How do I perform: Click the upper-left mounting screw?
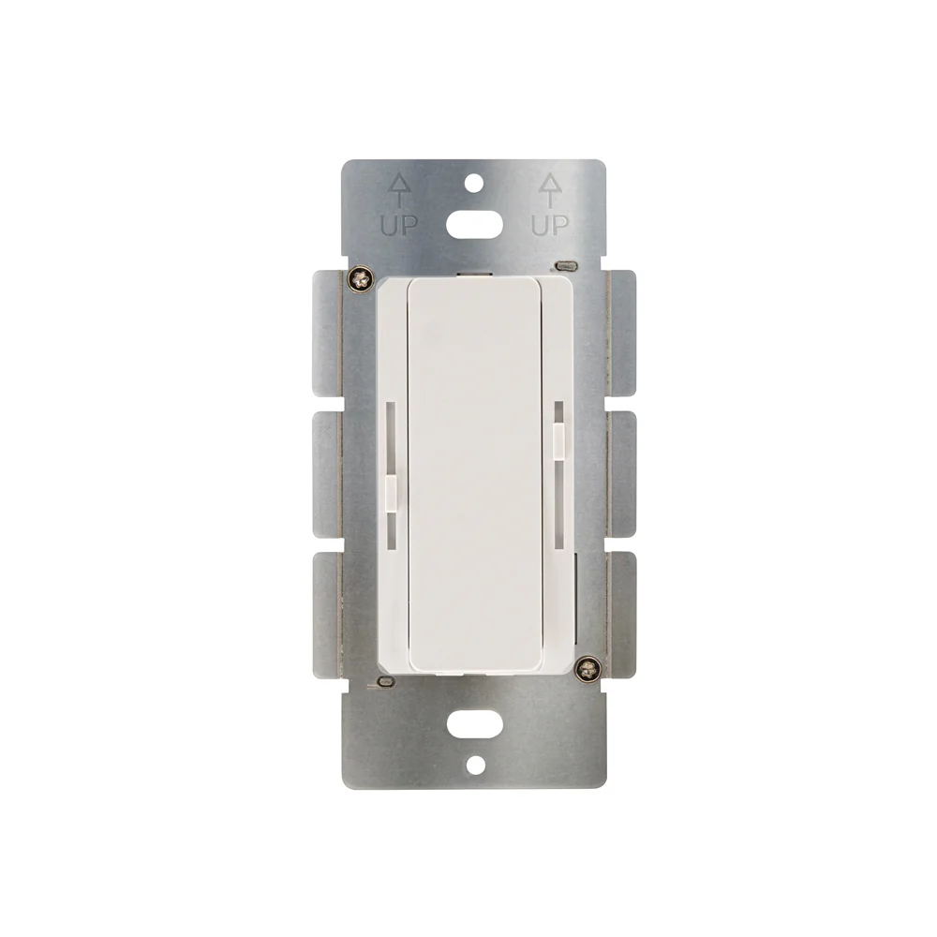360,279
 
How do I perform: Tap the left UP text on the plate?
399,225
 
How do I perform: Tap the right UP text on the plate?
550,225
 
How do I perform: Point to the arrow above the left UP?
400,190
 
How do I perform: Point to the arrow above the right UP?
550,190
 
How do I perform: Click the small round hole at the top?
474,184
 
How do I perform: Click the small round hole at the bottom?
475,765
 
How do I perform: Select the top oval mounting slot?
474,225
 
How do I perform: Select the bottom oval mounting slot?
475,724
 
